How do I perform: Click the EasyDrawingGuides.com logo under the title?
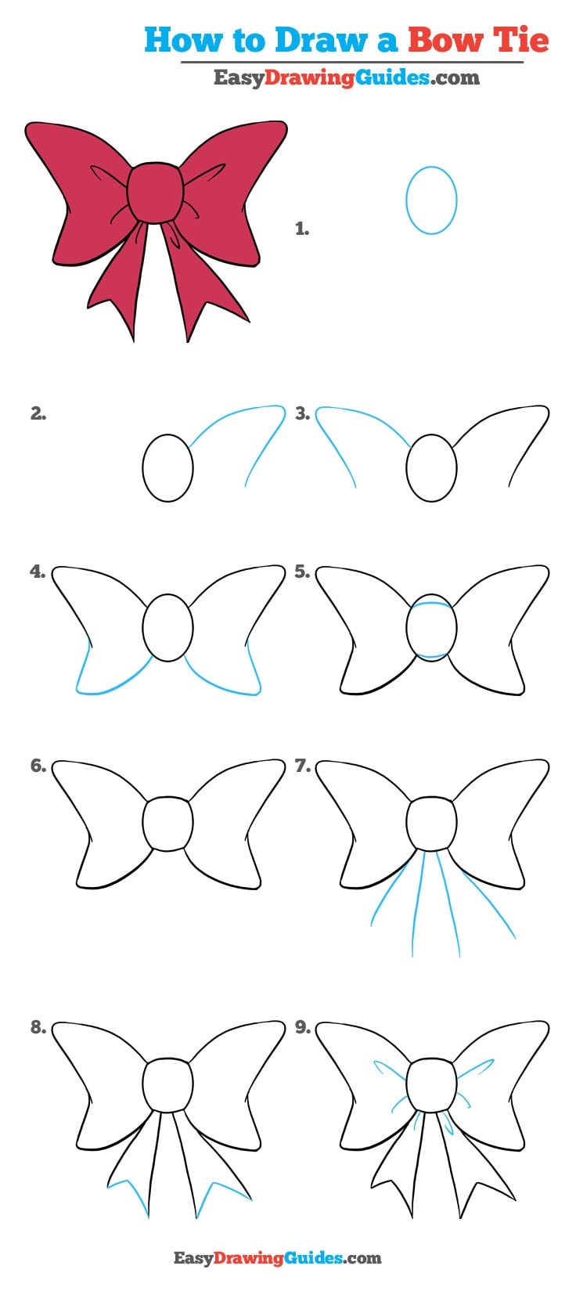pos(346,78)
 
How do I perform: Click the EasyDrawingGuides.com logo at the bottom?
pos(277,1258)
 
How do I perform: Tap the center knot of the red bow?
pos(156,193)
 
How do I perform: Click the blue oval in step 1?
pos(431,200)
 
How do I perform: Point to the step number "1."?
pos(302,229)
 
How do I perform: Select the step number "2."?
pos(38,414)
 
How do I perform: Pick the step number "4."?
pos(38,572)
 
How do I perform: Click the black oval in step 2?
pos(167,468)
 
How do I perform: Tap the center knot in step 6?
pos(167,824)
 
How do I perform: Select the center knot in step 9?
pos(431,1084)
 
